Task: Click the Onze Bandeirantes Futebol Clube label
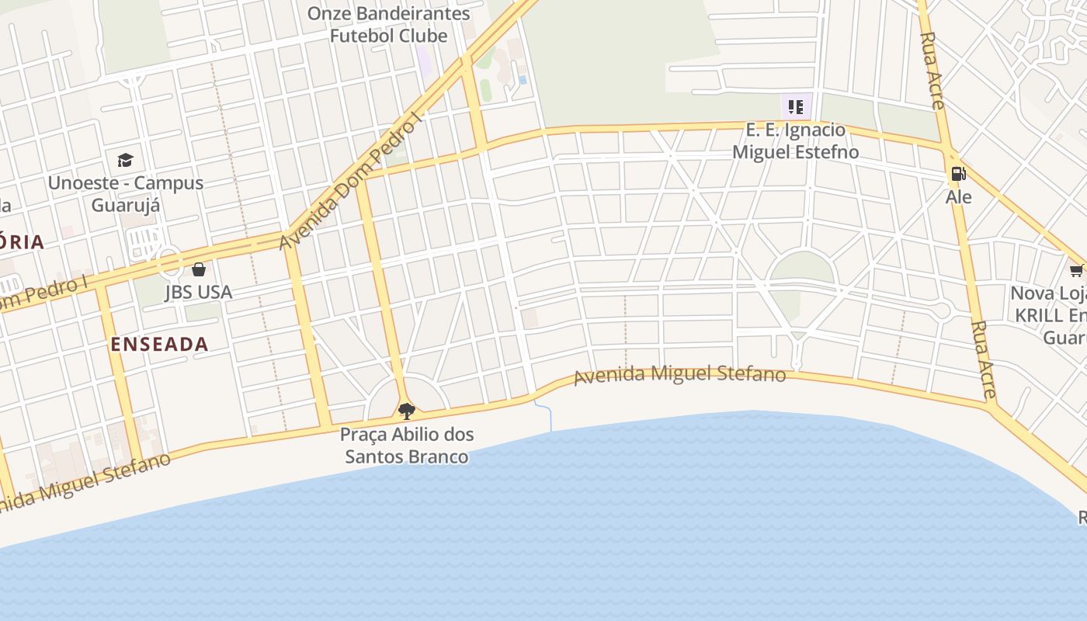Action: click(388, 25)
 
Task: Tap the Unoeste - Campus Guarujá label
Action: click(126, 193)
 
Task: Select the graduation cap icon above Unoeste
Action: click(125, 161)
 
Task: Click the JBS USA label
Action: click(199, 292)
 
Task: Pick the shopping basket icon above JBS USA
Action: click(199, 269)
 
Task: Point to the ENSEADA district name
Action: click(159, 344)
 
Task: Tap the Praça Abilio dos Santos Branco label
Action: click(407, 445)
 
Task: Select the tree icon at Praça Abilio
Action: click(406, 411)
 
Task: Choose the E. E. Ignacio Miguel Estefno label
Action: click(796, 141)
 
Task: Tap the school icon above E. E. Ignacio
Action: click(796, 106)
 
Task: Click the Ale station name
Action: click(959, 197)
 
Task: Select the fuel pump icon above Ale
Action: click(959, 175)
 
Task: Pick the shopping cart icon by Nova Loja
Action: click(1076, 270)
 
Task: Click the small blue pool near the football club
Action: click(523, 80)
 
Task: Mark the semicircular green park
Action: click(802, 269)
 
